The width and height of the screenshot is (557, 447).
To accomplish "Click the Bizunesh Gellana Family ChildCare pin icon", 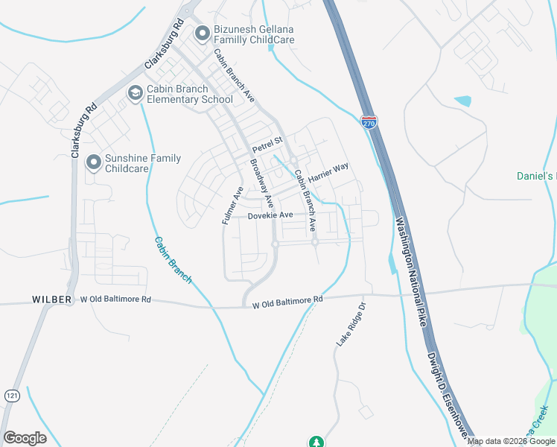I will pos(200,33).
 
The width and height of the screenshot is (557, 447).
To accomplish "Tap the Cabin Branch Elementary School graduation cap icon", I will pos(135,93).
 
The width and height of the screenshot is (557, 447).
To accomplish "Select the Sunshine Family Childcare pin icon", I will pos(93,162).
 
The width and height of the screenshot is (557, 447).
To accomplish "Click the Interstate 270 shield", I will pos(369,121).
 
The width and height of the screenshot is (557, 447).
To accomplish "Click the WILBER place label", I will pos(51,299).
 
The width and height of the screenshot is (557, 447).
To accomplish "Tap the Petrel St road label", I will pos(267,140).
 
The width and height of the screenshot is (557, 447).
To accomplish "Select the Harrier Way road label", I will pos(328,175).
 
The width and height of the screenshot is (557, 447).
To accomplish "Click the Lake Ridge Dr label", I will pos(353,324).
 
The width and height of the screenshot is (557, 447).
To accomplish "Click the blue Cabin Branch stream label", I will pos(174,260).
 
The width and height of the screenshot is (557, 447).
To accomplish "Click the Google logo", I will pos(25,438).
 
